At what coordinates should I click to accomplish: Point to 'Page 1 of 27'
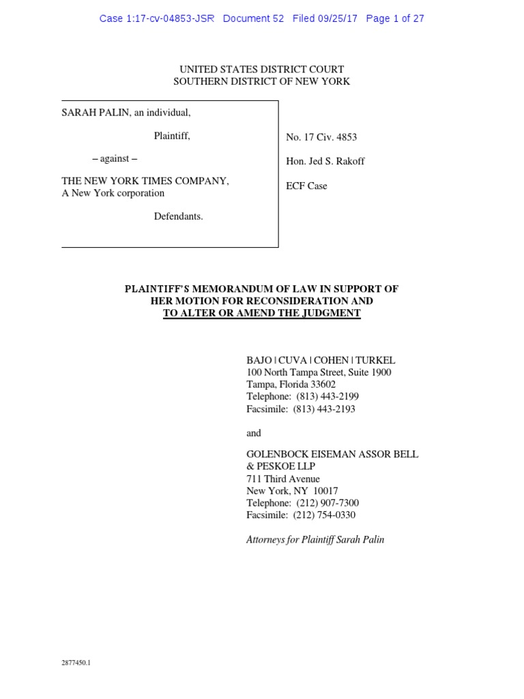click(395, 18)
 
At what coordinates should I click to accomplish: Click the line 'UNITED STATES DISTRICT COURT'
click(261, 69)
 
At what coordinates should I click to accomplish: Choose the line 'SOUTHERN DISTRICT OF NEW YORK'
click(261, 81)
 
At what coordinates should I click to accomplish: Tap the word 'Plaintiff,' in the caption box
click(172, 136)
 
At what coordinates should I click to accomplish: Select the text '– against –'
click(114, 160)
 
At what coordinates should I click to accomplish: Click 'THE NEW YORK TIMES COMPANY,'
click(145, 181)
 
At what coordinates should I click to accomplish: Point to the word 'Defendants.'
click(178, 216)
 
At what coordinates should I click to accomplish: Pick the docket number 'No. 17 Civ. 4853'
click(321, 137)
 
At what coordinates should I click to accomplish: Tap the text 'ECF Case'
click(306, 186)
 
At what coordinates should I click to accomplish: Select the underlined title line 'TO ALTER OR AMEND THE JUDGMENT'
click(261, 313)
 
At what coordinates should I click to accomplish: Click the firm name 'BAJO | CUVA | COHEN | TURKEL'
click(321, 360)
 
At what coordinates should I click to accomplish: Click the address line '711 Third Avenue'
click(282, 479)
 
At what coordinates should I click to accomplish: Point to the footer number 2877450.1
click(76, 662)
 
